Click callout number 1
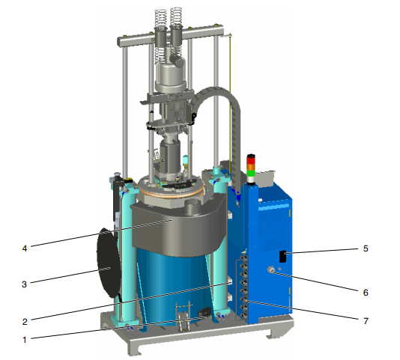pyautogui.click(x=25, y=340)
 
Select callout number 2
pyautogui.click(x=25, y=322)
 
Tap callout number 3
pyautogui.click(x=24, y=284)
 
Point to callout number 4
pyautogui.click(x=25, y=248)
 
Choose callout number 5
pyautogui.click(x=366, y=248)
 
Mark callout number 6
pyautogui.click(x=366, y=292)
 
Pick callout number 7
pyautogui.click(x=366, y=321)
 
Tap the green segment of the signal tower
pyautogui.click(x=251, y=173)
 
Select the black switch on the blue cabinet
pyautogui.click(x=283, y=257)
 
